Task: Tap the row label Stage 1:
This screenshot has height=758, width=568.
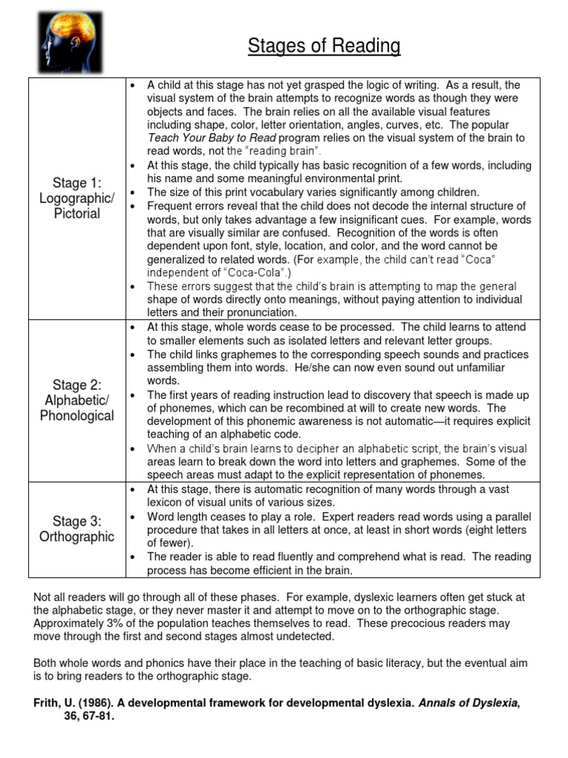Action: click(x=78, y=183)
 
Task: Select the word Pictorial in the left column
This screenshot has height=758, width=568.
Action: click(x=78, y=214)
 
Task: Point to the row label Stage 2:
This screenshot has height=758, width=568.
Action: click(x=78, y=384)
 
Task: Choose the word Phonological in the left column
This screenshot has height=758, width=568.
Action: click(x=78, y=415)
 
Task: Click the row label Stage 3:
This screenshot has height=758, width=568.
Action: click(x=78, y=521)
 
